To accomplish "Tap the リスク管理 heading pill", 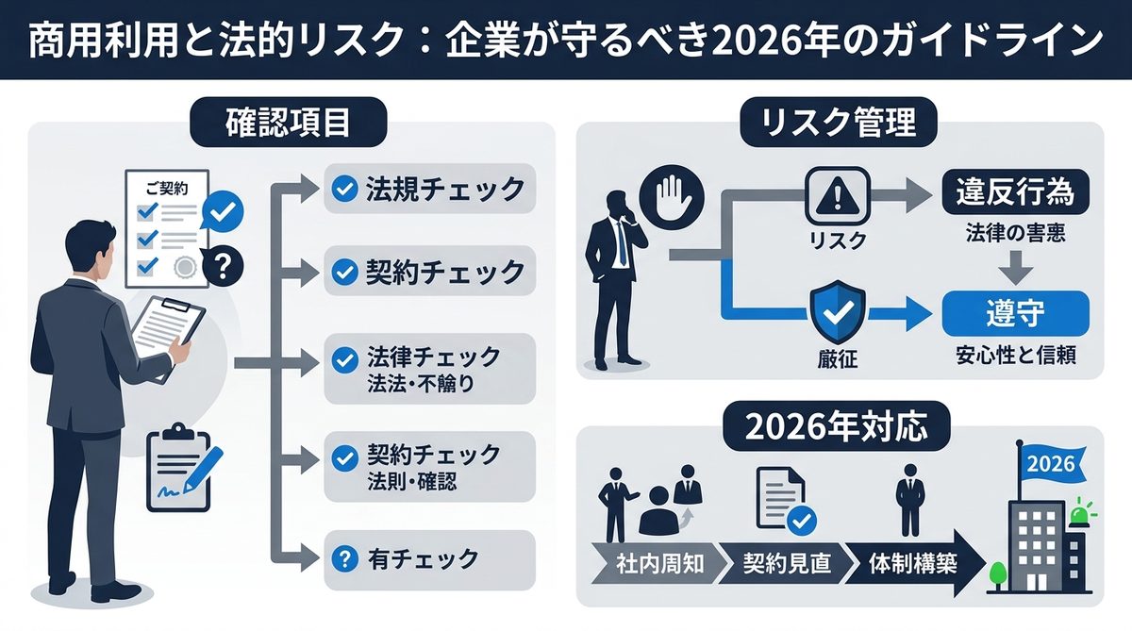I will point(840,125).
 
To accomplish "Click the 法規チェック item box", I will point(429,190).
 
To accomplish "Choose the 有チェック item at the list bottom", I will point(429,557).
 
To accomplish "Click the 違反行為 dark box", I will point(1017,195).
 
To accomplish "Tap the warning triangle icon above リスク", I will point(837,195).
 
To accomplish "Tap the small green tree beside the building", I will point(996,573).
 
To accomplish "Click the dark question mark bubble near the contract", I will point(223,265).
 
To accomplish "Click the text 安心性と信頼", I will point(1017,357).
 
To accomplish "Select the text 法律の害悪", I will point(1017,233).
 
